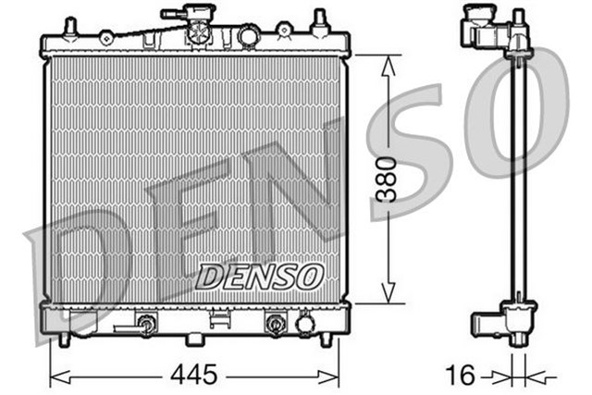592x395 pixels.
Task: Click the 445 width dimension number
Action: [193, 375]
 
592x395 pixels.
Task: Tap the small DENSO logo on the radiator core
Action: [260, 276]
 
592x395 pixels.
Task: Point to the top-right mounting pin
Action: [320, 21]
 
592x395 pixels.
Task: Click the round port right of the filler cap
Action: [249, 36]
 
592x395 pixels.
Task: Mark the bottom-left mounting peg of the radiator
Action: [63, 339]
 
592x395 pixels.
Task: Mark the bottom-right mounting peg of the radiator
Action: [326, 339]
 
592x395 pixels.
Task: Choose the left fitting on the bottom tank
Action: [144, 324]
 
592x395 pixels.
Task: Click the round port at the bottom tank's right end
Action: [304, 324]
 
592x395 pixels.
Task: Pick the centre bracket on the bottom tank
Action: [220, 320]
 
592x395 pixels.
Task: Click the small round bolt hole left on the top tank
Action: [106, 37]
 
